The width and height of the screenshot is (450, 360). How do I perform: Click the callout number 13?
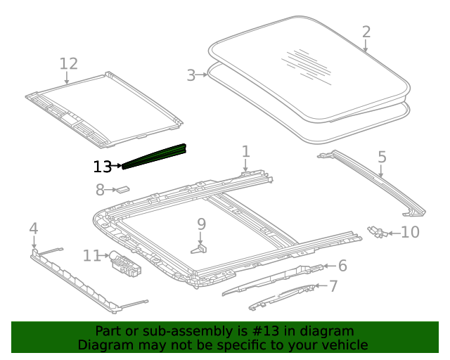(x=102, y=167)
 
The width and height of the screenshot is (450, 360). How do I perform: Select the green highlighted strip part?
(x=155, y=156)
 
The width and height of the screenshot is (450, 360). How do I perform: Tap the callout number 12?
(x=68, y=64)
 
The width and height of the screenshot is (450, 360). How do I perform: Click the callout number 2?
(x=366, y=32)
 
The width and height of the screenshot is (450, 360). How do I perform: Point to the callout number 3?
(x=191, y=75)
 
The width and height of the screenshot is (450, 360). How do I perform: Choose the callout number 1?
(x=245, y=151)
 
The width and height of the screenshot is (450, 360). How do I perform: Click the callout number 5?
(x=382, y=157)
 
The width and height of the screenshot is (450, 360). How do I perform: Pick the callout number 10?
(x=410, y=232)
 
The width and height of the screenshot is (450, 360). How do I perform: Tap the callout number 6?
(x=342, y=265)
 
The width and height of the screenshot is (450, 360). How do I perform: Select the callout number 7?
(x=333, y=286)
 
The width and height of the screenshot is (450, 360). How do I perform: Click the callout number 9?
(x=201, y=224)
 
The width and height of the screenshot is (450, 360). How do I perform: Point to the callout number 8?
(x=100, y=190)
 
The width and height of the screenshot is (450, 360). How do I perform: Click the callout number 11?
(x=92, y=255)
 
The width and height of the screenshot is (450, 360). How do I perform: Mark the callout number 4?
(x=33, y=228)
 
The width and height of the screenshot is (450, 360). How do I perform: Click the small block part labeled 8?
(x=124, y=188)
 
